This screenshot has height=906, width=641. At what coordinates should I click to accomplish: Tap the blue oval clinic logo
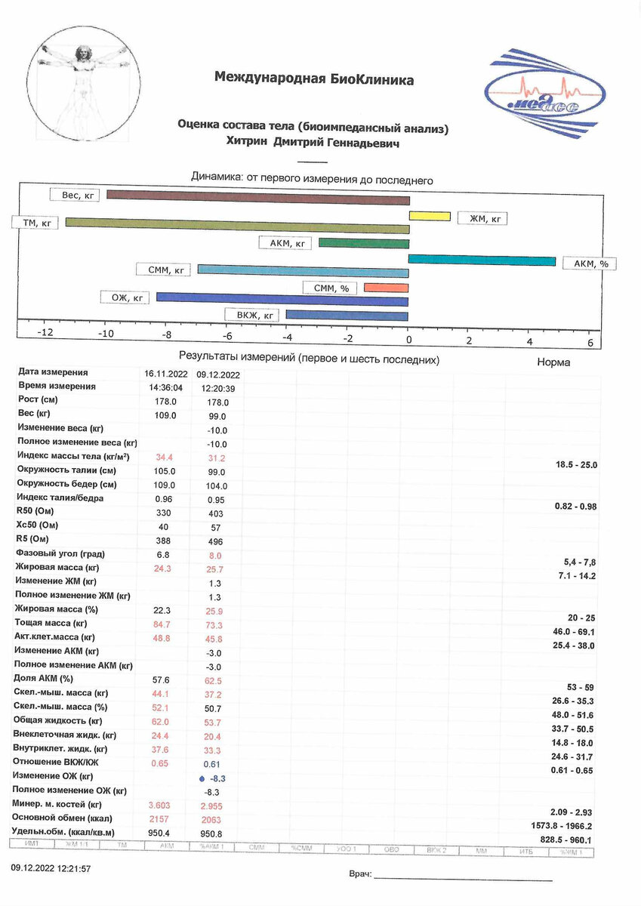pos(534,89)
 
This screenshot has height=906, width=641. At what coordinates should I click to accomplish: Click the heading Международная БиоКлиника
pos(314,79)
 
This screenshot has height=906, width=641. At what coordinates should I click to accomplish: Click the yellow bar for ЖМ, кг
pos(430,217)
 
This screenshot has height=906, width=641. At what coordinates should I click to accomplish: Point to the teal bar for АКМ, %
pos(482,260)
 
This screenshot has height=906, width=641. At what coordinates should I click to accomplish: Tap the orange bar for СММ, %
pos(386,288)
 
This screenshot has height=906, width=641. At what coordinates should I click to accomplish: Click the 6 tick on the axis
pos(590,341)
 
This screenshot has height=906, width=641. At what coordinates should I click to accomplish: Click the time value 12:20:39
pos(217,388)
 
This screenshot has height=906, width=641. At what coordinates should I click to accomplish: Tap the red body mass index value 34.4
pos(165,458)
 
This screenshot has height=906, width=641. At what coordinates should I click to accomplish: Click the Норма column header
pos(553,362)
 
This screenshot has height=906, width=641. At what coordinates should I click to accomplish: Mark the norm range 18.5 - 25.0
pos(575,465)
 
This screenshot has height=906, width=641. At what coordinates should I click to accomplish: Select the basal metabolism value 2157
pos(165,819)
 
